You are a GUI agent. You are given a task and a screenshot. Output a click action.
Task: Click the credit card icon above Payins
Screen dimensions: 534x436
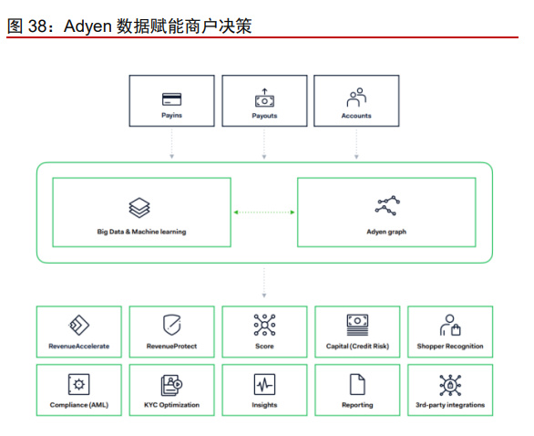click(x=171, y=99)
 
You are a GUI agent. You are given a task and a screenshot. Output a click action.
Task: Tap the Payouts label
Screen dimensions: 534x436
click(x=264, y=116)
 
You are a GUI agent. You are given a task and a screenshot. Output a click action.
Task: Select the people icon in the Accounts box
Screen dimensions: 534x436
click(x=356, y=98)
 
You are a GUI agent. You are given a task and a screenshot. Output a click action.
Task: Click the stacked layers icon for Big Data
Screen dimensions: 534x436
click(x=139, y=208)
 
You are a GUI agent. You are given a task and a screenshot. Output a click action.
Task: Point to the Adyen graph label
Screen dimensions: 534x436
click(x=386, y=232)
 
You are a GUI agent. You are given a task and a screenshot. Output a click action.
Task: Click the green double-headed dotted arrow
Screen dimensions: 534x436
click(x=264, y=213)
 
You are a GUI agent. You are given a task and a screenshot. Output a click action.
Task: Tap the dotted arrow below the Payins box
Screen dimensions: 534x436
click(x=171, y=143)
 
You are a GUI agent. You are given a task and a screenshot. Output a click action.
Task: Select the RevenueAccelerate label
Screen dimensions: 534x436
click(x=79, y=347)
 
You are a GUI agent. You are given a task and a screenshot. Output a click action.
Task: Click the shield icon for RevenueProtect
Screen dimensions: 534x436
click(x=171, y=325)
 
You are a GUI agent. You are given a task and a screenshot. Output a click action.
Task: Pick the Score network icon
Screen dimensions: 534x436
click(x=264, y=325)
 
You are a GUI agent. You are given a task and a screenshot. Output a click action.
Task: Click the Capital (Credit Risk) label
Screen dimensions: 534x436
click(x=357, y=347)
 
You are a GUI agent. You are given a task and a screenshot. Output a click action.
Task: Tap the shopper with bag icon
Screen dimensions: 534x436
click(x=450, y=325)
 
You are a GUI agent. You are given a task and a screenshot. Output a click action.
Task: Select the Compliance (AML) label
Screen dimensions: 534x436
click(x=79, y=405)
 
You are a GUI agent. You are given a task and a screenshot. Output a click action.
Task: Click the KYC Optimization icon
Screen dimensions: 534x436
click(x=171, y=385)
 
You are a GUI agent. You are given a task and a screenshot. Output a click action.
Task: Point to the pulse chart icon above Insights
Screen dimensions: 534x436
click(x=264, y=384)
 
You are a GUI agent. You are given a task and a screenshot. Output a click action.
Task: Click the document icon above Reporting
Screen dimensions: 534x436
click(x=357, y=384)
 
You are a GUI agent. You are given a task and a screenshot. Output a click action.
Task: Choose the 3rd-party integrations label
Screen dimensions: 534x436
click(x=450, y=405)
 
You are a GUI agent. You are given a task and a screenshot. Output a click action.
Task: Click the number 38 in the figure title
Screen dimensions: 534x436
click(x=37, y=26)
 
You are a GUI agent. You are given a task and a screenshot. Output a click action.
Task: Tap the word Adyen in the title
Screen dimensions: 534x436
click(x=87, y=26)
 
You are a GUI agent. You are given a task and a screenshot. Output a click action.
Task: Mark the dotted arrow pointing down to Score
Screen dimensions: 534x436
click(x=264, y=283)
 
